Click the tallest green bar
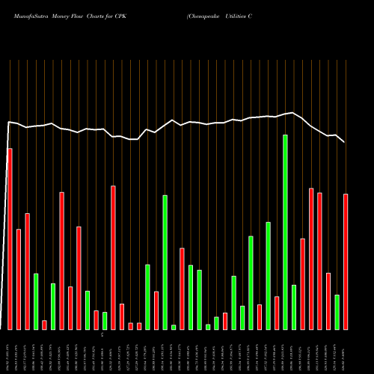pos(285,232)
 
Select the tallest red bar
pos(10,239)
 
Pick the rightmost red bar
pos(346,261)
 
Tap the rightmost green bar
pos(337,312)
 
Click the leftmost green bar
pos(36,301)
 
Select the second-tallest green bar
pos(165,262)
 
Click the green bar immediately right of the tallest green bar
pos(294,307)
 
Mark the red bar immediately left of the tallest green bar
pos(277,313)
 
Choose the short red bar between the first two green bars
pos(44,325)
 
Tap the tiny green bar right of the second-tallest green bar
pos(174,327)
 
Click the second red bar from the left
pos(19,279)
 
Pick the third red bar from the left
pos(27,271)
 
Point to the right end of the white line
pos(344,141)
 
